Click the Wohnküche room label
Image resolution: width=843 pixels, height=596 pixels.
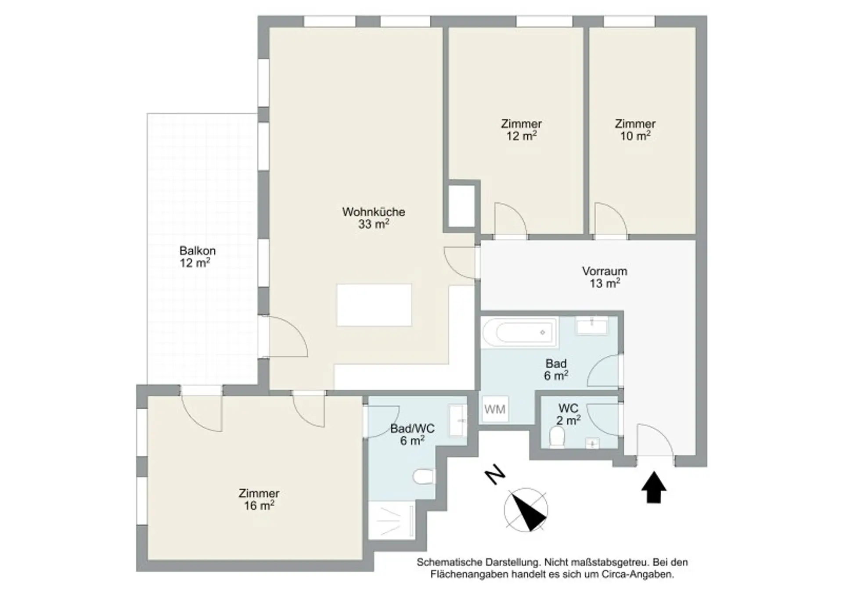coord(374,218)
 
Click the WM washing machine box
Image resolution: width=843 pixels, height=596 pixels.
coord(495,409)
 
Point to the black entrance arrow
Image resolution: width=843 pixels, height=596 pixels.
coord(654,487)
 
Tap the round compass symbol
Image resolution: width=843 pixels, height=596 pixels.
coord(526,510)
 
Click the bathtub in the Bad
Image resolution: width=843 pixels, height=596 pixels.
coord(519,332)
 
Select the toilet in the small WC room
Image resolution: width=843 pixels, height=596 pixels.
coord(557,438)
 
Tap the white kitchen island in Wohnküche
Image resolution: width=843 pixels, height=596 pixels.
coord(374,305)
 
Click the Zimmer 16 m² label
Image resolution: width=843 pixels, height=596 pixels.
coord(259,499)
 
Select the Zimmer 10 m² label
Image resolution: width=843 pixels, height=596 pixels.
coord(635,130)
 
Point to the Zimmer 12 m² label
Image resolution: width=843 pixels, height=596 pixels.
coord(521,130)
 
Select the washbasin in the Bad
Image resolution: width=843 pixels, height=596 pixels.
coord(592,326)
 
